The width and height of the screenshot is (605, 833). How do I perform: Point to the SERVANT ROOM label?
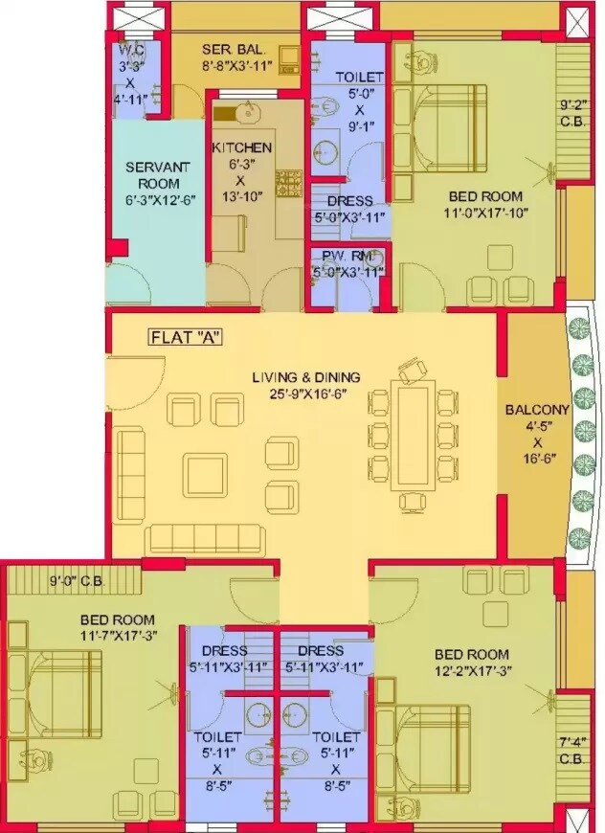pyautogui.click(x=156, y=175)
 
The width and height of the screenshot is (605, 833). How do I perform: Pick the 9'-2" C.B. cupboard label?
pyautogui.click(x=574, y=111)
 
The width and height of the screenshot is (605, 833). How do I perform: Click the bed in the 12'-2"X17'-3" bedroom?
pyautogui.click(x=432, y=732)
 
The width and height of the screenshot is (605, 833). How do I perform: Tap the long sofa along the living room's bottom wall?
pyautogui.click(x=205, y=538)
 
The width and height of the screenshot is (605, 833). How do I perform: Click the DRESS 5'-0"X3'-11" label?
pyautogui.click(x=349, y=209)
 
